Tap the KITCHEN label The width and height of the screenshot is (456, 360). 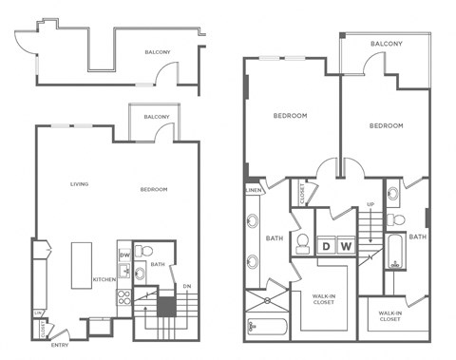[x=104, y=279]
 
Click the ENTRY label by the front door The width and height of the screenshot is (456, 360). [x=59, y=344]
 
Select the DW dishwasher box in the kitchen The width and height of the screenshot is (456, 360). [x=123, y=255]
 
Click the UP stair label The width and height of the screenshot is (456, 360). [x=370, y=204]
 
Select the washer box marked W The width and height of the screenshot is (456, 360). [x=346, y=247]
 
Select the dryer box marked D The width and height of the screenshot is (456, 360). [x=326, y=247]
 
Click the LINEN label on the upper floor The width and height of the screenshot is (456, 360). [x=253, y=190]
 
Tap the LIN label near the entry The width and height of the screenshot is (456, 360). [x=38, y=313]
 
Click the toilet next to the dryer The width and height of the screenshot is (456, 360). [x=302, y=245]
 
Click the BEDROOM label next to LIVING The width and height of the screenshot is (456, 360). [x=154, y=189]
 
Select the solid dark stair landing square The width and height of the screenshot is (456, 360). [x=166, y=308]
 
